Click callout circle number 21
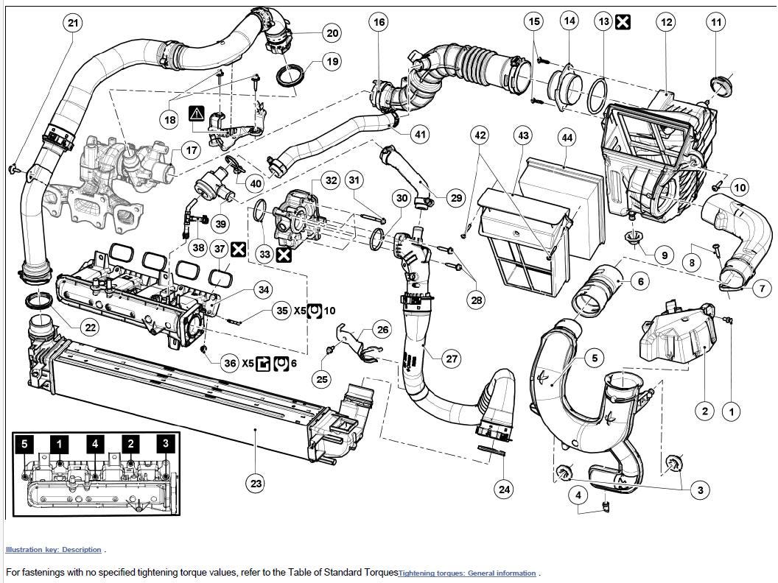tap(72, 23)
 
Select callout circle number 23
tap(256, 484)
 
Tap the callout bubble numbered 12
tap(666, 23)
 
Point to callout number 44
tap(567, 138)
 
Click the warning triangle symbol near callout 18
tap(196, 113)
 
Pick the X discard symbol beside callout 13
tap(623, 21)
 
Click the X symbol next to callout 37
tap(238, 250)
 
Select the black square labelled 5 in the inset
tap(24, 444)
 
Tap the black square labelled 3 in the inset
tap(166, 444)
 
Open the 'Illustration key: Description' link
tap(53, 550)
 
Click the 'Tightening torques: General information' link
tap(467, 573)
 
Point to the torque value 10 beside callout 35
tap(329, 311)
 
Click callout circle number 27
tap(452, 358)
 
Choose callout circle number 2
tap(704, 411)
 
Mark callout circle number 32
tap(331, 180)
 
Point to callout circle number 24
tap(503, 488)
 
